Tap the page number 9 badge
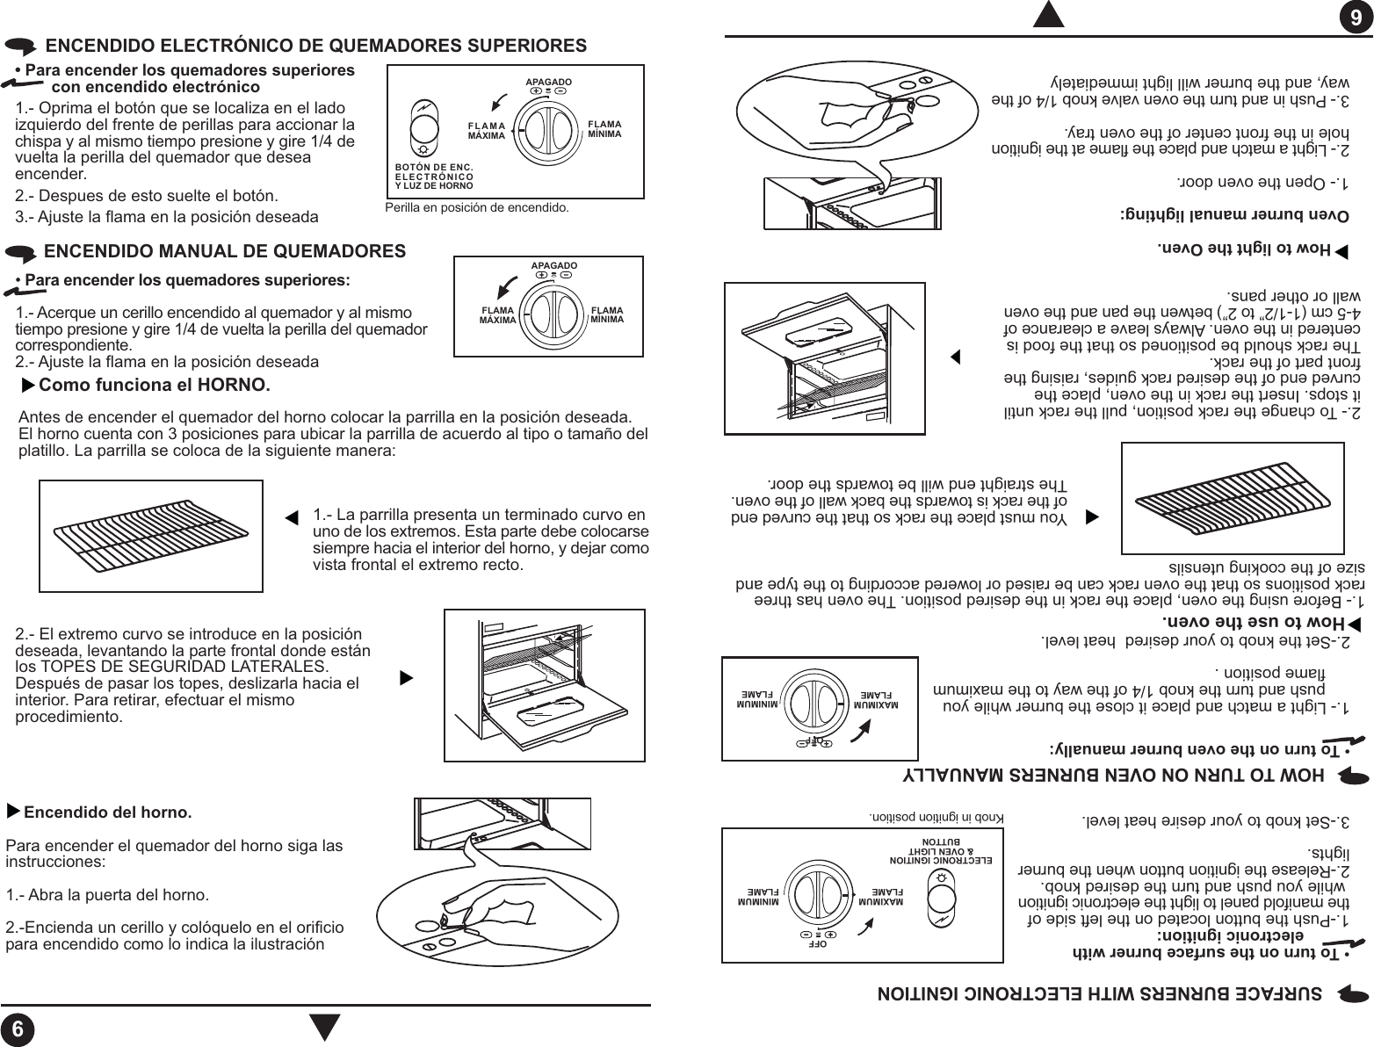pyautogui.click(x=1356, y=18)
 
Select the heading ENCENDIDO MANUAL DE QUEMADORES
pyautogui.click(x=225, y=251)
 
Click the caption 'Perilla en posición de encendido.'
pyautogui.click(x=477, y=208)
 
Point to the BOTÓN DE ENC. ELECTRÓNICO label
pyautogui.click(x=434, y=176)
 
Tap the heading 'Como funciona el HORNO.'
pyautogui.click(x=155, y=386)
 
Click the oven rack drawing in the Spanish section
pyautogui.click(x=151, y=537)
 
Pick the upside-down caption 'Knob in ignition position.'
pyautogui.click(x=936, y=815)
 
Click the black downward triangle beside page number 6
pyautogui.click(x=325, y=1027)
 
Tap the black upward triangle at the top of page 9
pyautogui.click(x=1049, y=16)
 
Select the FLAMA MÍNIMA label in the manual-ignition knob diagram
pyautogui.click(x=607, y=314)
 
